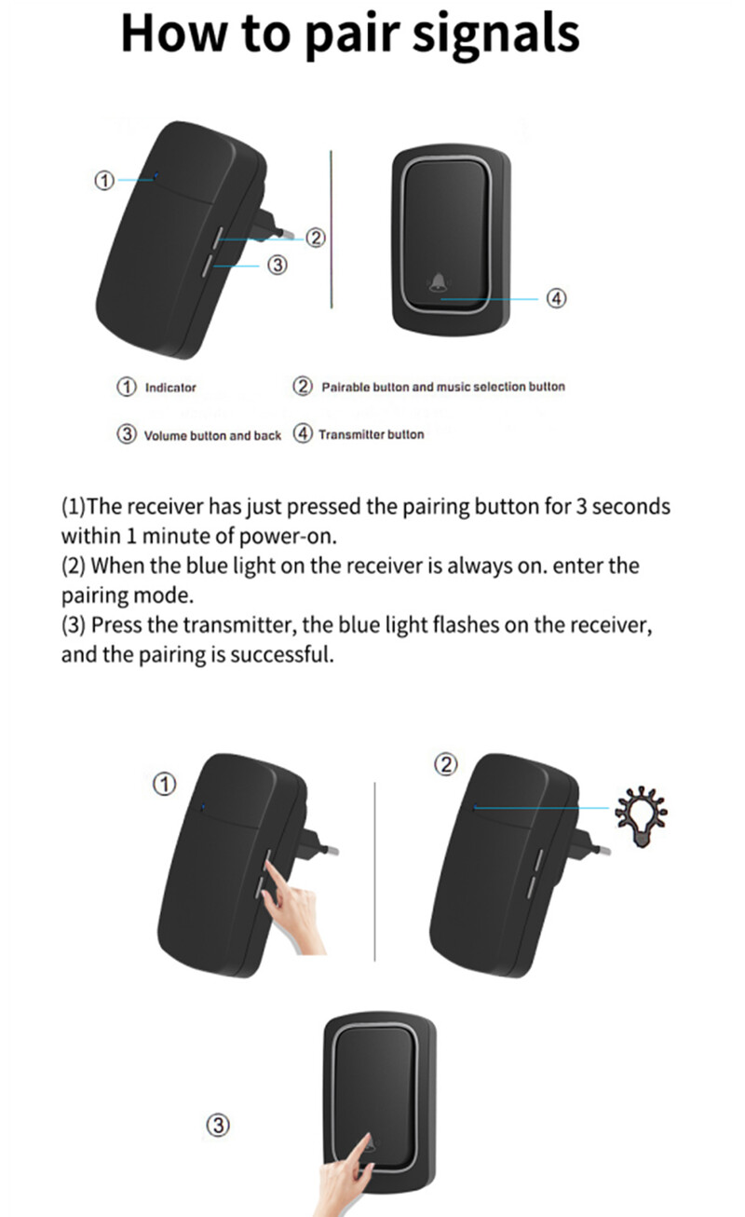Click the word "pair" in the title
pyautogui.click(x=352, y=36)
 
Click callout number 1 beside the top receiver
pyautogui.click(x=104, y=181)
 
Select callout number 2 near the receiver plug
pyautogui.click(x=316, y=238)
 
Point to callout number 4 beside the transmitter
pyautogui.click(x=556, y=298)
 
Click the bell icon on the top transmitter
pyautogui.click(x=438, y=282)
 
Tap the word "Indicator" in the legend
pyautogui.click(x=170, y=388)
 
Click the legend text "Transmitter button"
pyautogui.click(x=372, y=434)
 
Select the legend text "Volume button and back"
pyautogui.click(x=212, y=436)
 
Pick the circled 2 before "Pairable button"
pyautogui.click(x=303, y=387)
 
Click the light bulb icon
pyautogui.click(x=642, y=816)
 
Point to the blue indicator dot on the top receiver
pyautogui.click(x=156, y=175)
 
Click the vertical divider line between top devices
pyautogui.click(x=332, y=229)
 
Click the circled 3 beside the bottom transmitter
pyautogui.click(x=218, y=1125)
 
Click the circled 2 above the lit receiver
pyautogui.click(x=446, y=764)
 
